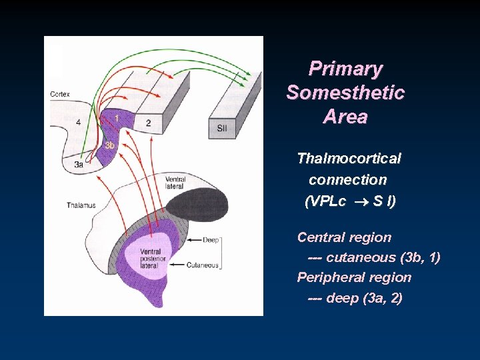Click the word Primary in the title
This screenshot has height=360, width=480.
(x=345, y=69)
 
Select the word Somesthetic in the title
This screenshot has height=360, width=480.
(x=345, y=93)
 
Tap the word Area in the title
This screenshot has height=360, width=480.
(x=345, y=117)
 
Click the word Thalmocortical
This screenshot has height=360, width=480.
(x=349, y=159)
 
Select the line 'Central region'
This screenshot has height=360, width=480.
(x=344, y=237)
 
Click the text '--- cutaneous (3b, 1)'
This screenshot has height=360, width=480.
(x=373, y=257)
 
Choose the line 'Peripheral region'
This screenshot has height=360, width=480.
(x=354, y=277)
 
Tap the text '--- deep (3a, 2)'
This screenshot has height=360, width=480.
(x=355, y=298)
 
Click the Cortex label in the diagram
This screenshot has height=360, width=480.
(x=60, y=95)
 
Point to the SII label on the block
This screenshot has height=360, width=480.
(x=222, y=128)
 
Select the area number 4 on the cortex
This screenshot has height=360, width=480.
(x=78, y=123)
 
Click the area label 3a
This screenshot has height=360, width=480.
(x=79, y=163)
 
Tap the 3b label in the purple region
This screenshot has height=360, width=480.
(x=109, y=145)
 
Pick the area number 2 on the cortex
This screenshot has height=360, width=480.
(x=148, y=123)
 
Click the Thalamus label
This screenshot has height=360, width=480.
(x=81, y=205)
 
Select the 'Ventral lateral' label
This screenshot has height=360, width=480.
(x=175, y=183)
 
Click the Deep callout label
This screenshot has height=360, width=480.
(x=210, y=239)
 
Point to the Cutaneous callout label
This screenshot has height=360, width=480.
(x=203, y=265)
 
